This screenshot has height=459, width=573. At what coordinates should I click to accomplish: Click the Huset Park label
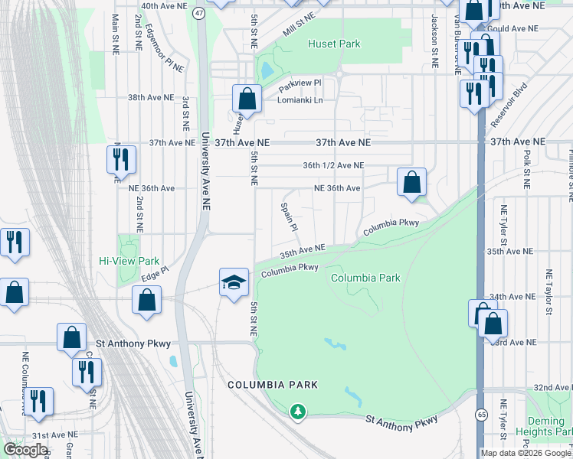point(334,44)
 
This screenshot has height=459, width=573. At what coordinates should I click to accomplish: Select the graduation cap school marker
point(234,283)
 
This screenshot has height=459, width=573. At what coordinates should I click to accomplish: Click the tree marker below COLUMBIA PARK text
point(297,412)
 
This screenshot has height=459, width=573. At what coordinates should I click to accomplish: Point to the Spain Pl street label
point(289,216)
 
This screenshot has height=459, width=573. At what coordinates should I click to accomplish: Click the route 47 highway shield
point(199,13)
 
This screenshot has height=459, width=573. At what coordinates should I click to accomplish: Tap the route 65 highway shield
point(480,414)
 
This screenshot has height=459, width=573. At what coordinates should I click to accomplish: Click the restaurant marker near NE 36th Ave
point(121,159)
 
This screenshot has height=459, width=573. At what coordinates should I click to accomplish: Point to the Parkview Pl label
point(299,83)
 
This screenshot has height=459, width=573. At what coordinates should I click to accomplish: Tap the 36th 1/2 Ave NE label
point(332,165)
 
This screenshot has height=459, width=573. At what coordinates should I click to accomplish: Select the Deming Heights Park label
point(550,426)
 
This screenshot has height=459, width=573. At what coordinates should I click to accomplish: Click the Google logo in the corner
point(25,450)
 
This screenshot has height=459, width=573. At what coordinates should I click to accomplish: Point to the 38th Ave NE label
point(150,98)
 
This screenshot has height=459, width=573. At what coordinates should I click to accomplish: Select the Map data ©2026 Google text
point(526,452)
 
